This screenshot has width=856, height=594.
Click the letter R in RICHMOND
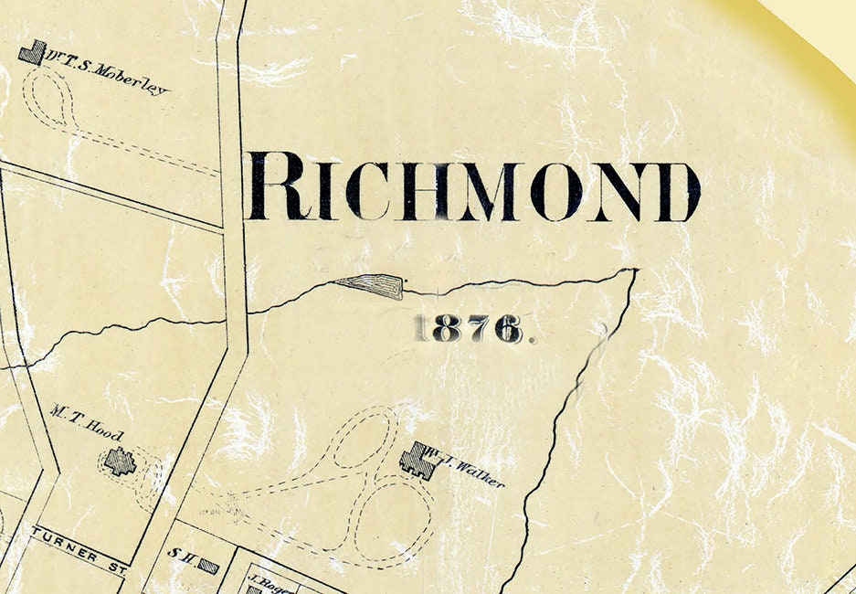[275, 188]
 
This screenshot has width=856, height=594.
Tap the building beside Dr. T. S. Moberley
[32, 52]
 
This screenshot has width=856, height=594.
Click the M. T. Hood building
[118, 461]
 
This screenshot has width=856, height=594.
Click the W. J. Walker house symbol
[418, 459]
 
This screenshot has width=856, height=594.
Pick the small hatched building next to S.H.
[208, 567]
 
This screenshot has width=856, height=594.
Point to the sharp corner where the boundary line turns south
[635, 270]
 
